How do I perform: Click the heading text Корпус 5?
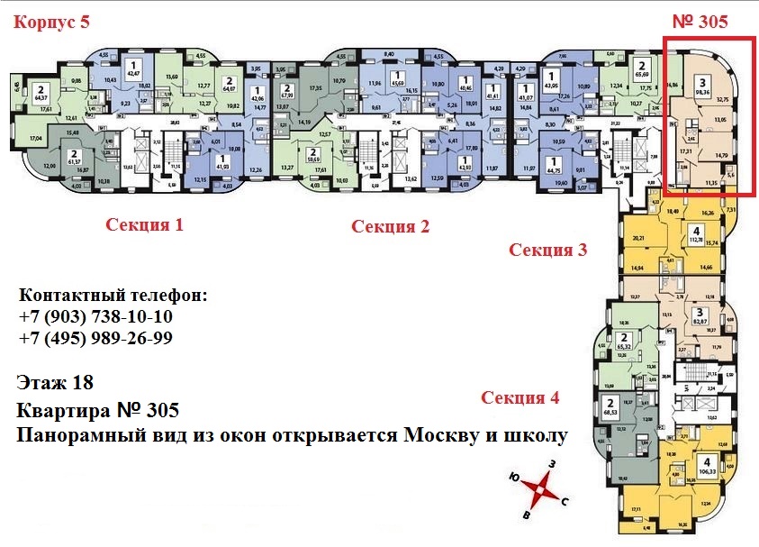51,23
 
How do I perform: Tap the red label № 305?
700,23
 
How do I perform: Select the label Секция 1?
145,225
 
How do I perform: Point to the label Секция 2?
390,226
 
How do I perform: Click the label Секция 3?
547,250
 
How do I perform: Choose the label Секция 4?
520,397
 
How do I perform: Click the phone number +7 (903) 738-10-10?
95,317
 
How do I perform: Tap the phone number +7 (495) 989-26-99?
95,338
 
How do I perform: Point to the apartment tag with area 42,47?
133,69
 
